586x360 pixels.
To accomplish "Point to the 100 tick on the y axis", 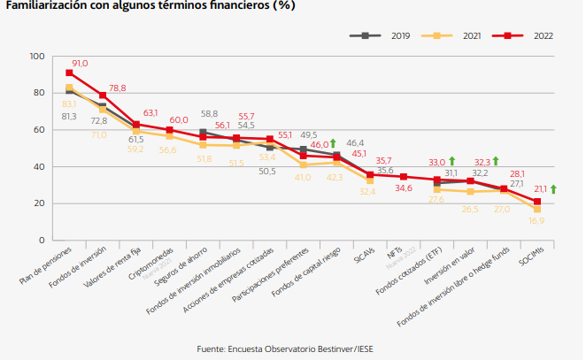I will click(x=36, y=56).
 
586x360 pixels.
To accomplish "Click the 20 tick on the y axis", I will click(x=39, y=203).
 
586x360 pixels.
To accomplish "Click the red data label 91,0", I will click(x=81, y=63).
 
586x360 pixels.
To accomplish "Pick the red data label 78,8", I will click(x=117, y=88).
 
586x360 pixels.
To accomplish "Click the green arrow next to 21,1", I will click(x=553, y=188).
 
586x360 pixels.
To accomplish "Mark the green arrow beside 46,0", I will click(x=333, y=142).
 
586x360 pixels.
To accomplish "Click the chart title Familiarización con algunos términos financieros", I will click(x=150, y=5).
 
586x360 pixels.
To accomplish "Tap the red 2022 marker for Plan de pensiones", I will click(x=70, y=73).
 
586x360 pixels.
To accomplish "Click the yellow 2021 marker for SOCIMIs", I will click(x=537, y=209).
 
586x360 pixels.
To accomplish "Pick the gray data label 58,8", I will click(x=210, y=114).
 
